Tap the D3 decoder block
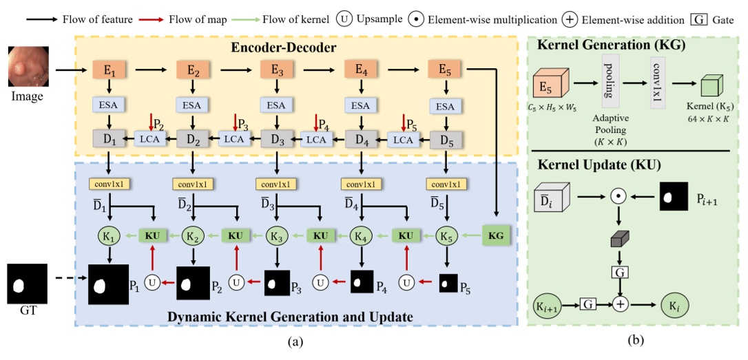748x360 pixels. [x=276, y=139]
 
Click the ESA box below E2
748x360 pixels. [x=191, y=105]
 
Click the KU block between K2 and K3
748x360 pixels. [x=235, y=235]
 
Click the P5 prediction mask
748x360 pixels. [x=448, y=282]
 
